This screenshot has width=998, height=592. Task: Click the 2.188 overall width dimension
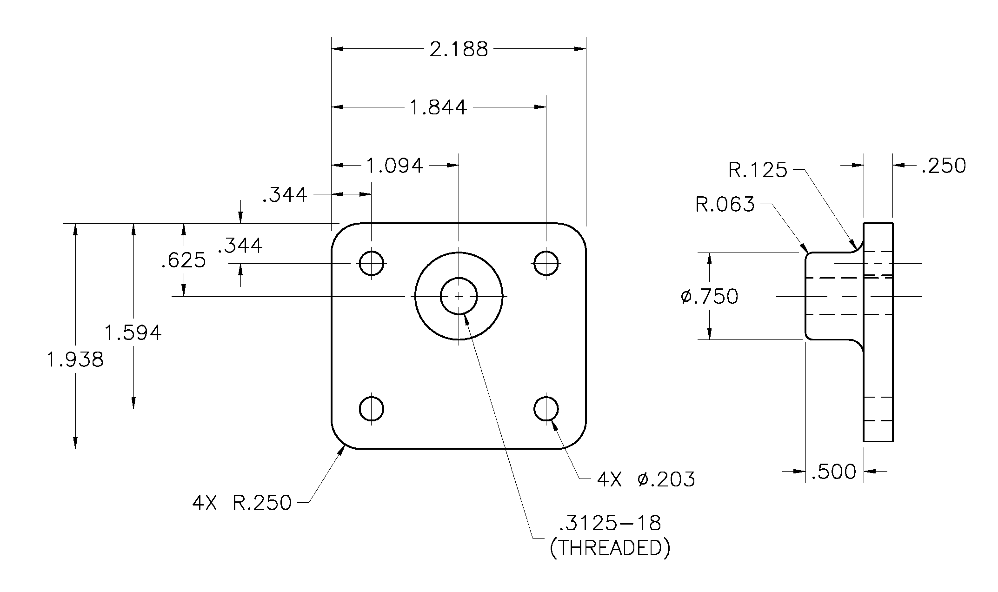tap(459, 49)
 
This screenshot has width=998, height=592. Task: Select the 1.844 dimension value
tap(438, 107)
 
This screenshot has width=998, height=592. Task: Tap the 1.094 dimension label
tap(395, 166)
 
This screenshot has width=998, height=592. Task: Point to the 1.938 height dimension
tap(75, 359)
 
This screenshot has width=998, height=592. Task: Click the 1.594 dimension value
tap(133, 333)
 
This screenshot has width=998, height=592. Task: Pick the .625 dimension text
tap(183, 261)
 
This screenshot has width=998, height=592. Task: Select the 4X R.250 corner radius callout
tap(242, 503)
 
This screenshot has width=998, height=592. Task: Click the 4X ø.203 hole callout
tap(646, 479)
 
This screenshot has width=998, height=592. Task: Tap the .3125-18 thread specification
tap(610, 523)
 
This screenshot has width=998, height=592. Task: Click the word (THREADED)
tap(610, 548)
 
